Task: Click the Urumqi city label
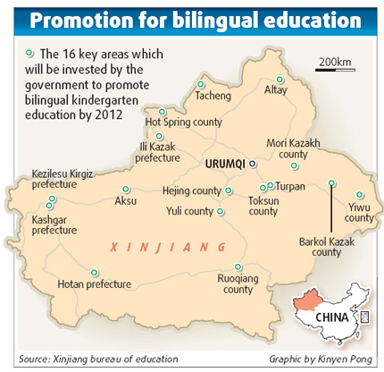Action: (x=225, y=165)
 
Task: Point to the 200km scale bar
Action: (x=333, y=68)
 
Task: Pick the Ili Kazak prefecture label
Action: (x=157, y=151)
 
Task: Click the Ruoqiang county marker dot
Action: (x=238, y=266)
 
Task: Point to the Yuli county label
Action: (x=190, y=212)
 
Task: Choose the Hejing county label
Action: (x=191, y=190)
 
